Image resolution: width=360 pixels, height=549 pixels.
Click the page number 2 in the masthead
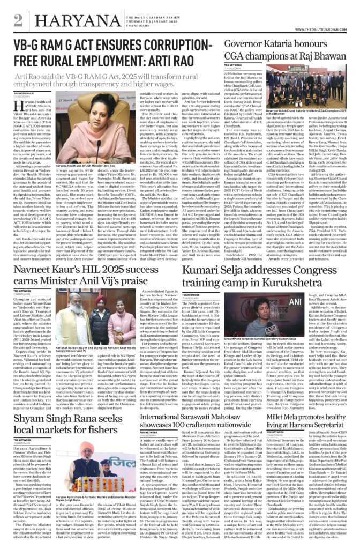(19, 20)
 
